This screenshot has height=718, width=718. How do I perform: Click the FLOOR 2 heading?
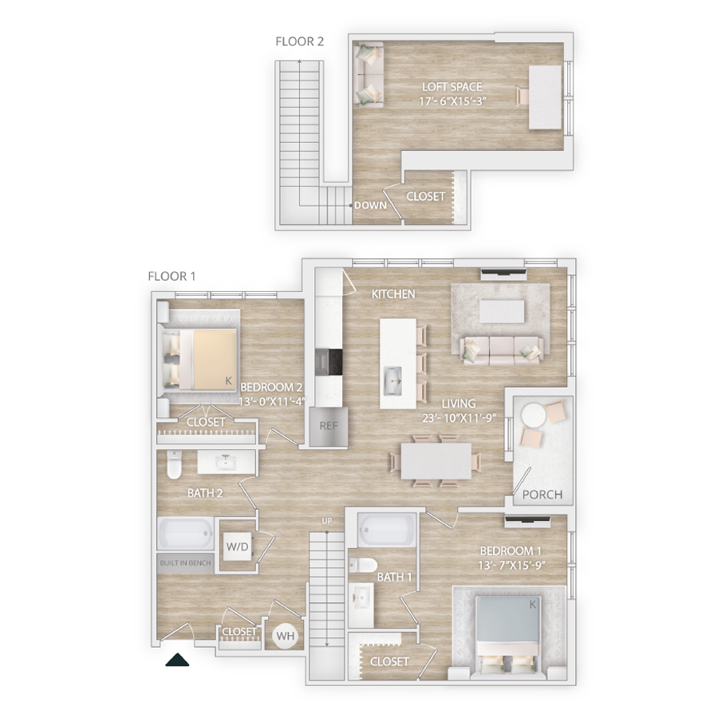299,41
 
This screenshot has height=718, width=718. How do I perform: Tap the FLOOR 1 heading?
172,276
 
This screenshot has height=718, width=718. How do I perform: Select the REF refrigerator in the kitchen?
329,426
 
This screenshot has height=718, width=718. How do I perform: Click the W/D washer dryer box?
237,546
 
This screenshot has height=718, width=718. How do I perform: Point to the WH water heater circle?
286,636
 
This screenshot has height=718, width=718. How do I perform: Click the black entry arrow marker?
177,660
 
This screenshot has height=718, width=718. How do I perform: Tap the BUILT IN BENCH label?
185,562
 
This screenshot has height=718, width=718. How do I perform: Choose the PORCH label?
542,495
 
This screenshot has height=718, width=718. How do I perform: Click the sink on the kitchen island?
393,381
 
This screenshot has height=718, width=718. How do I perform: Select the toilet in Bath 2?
174,464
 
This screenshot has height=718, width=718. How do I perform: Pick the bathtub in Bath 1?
387,530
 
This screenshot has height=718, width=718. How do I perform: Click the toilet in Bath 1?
363,565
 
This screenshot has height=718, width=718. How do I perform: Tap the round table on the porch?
534,416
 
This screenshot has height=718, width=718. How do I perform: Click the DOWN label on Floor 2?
370,206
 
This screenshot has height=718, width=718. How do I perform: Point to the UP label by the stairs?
326,521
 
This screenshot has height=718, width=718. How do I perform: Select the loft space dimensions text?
453,101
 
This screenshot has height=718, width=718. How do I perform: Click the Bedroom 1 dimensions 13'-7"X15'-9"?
512,566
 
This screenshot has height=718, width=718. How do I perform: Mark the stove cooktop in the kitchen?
329,363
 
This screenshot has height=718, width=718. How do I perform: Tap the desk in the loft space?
546,97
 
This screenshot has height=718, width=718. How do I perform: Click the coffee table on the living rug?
502,312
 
